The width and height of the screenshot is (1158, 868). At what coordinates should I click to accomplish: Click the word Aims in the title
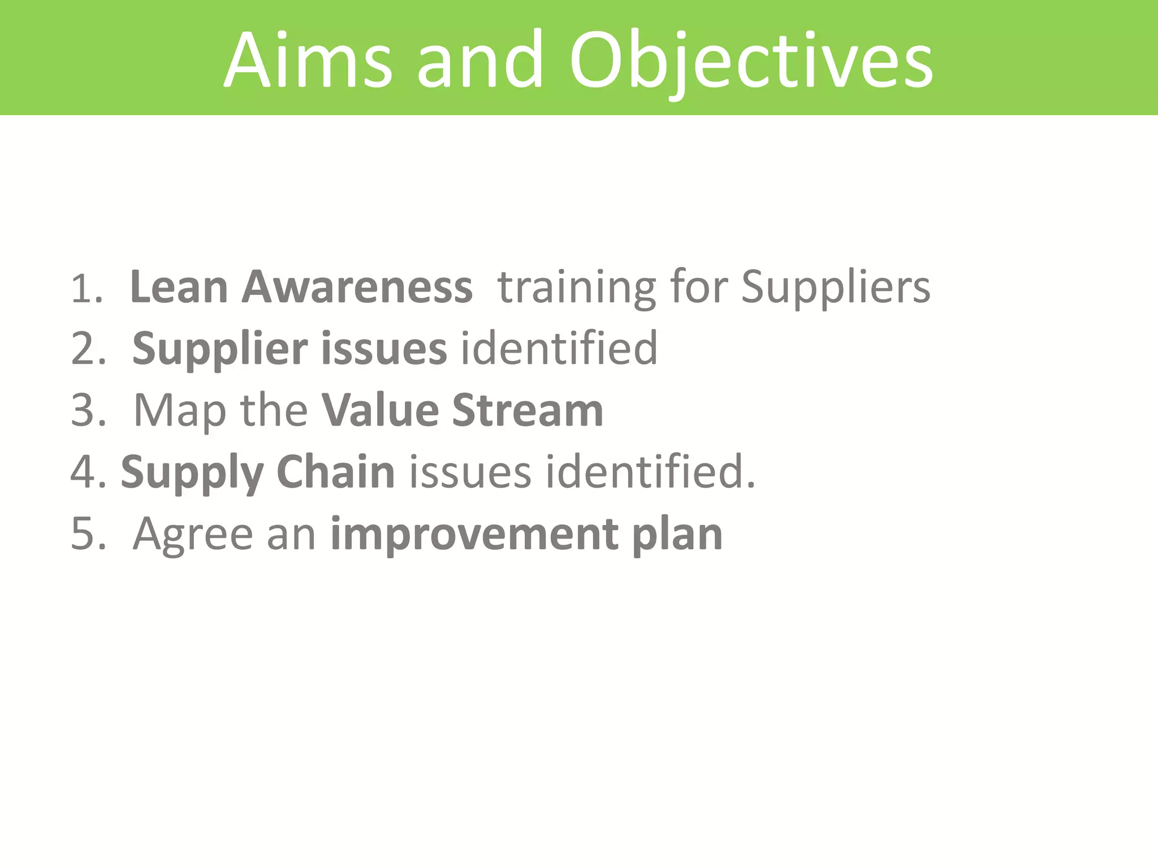point(308,60)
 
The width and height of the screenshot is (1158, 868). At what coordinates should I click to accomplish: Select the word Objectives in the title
point(751,60)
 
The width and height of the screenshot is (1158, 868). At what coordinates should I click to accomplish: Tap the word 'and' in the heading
point(480,60)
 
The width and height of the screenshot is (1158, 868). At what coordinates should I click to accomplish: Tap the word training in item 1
point(576,288)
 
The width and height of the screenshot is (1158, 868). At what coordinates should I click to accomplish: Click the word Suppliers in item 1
point(835,288)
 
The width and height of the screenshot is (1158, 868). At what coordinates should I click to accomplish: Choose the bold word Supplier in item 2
point(220,349)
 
